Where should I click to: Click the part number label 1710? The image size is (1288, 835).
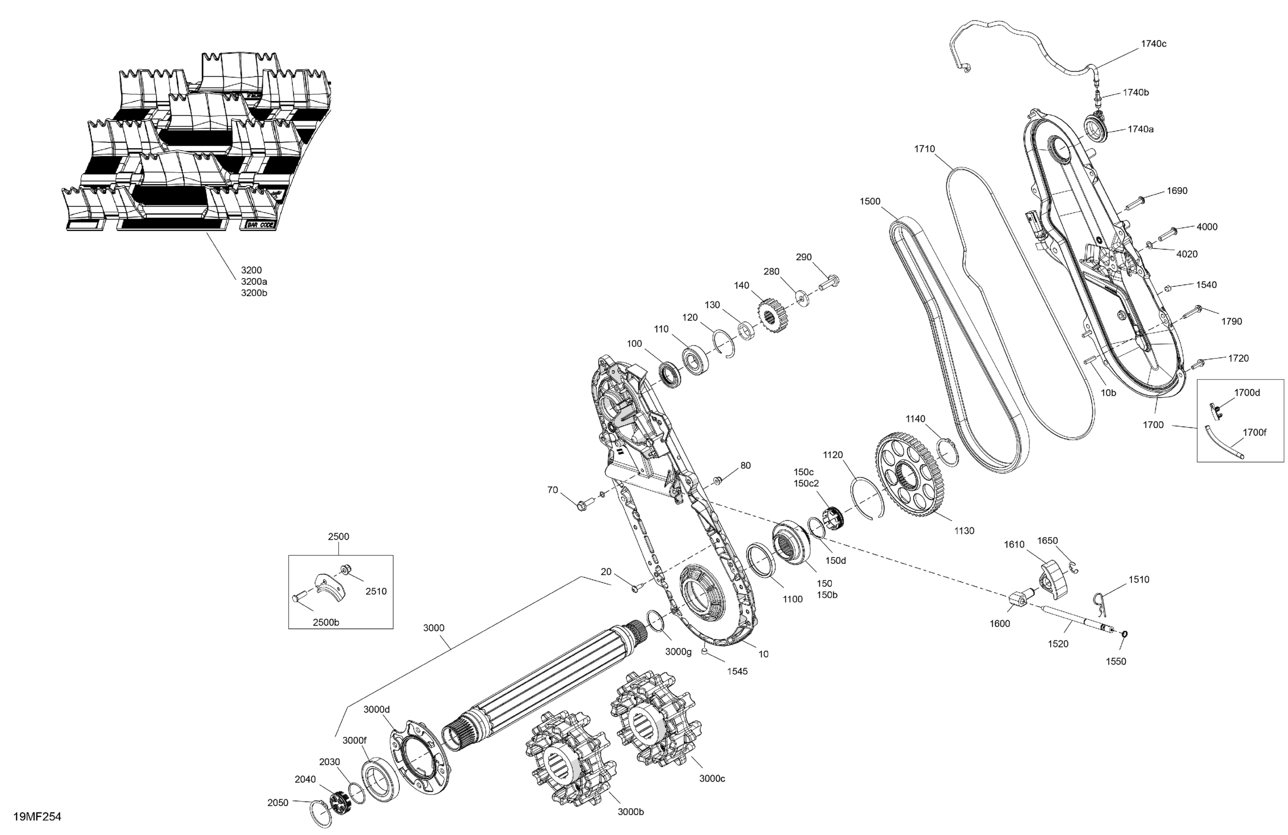(x=924, y=149)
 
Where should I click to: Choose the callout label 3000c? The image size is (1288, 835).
(x=712, y=778)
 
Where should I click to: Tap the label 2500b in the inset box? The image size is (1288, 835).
(x=326, y=622)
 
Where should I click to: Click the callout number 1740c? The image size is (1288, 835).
(x=1153, y=44)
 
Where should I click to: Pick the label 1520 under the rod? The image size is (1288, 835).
(x=1058, y=643)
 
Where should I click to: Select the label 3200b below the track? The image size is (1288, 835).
(x=254, y=293)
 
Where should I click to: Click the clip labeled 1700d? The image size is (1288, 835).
(x=1215, y=410)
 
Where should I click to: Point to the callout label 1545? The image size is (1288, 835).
(x=737, y=671)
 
